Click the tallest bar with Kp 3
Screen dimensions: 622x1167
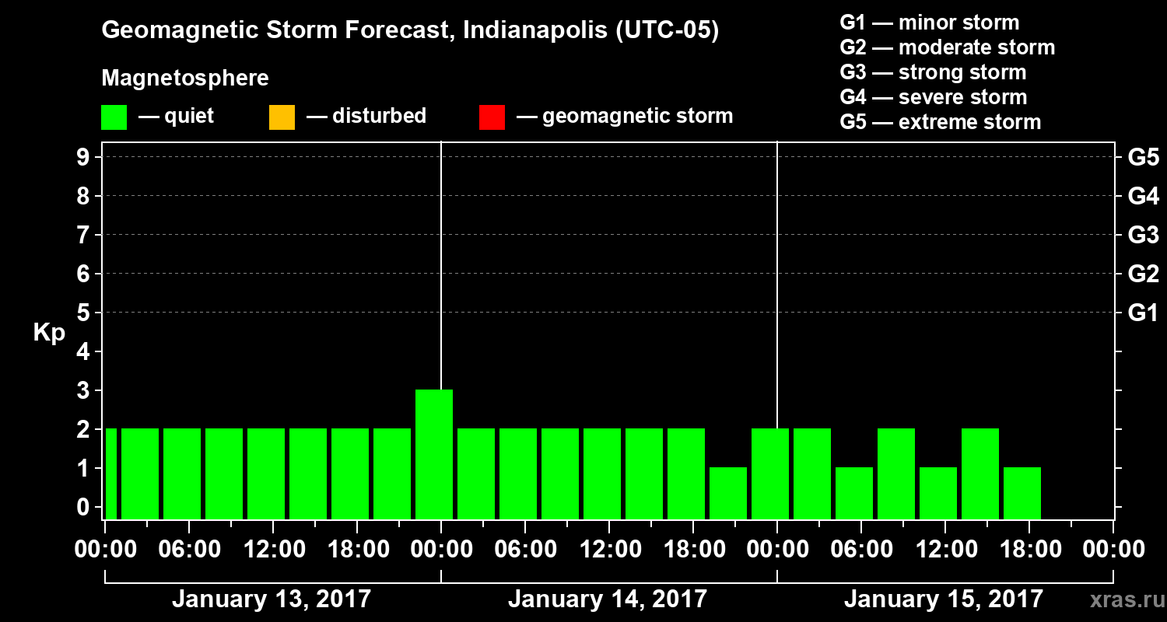point(434,454)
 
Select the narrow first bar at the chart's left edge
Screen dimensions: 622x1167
point(110,473)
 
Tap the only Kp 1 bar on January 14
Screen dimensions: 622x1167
point(728,493)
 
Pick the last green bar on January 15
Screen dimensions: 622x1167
point(1022,493)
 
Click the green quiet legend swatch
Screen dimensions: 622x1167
point(114,117)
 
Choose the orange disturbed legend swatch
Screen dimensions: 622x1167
point(282,117)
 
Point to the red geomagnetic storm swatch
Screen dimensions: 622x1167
point(492,117)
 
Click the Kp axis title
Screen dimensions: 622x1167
point(49,334)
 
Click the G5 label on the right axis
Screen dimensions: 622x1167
point(1143,157)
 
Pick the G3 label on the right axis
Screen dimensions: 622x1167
point(1143,235)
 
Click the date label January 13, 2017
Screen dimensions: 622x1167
point(271,599)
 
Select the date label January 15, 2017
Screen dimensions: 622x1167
point(943,599)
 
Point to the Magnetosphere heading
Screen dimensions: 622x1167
point(185,79)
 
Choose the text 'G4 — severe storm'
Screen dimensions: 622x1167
point(934,97)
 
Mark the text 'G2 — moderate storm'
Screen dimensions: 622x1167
point(948,47)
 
